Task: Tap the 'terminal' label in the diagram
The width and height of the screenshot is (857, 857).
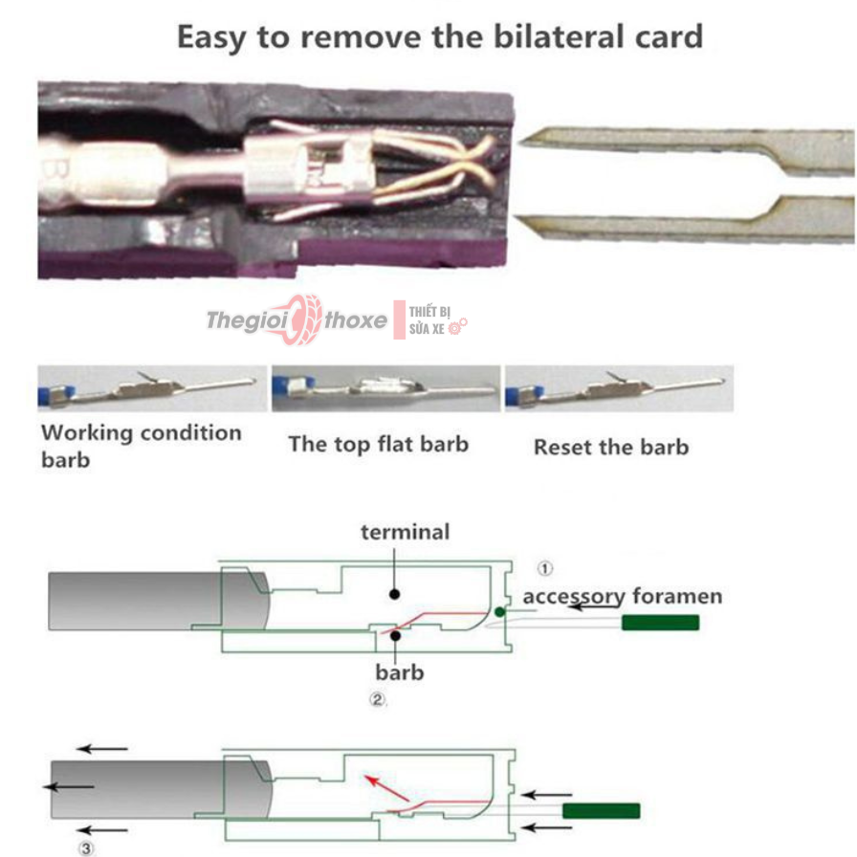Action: (x=405, y=532)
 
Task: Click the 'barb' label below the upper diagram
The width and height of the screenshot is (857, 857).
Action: (x=400, y=672)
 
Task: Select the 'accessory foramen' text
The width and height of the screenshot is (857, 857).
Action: (x=623, y=596)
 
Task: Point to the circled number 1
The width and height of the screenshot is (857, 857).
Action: (x=544, y=568)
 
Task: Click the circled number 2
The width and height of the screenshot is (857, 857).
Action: (x=377, y=699)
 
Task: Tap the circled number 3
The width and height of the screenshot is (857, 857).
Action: (x=86, y=848)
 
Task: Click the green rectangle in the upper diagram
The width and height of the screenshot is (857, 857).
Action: (x=660, y=623)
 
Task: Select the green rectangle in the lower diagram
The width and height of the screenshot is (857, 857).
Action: (x=602, y=810)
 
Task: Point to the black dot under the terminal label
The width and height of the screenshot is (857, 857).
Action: (x=394, y=594)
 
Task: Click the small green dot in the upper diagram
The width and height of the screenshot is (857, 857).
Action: (x=499, y=612)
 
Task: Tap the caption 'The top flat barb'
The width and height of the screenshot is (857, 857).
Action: (x=378, y=445)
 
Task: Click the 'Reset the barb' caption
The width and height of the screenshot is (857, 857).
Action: (x=611, y=447)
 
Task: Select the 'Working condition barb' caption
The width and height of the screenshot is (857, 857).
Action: (x=141, y=446)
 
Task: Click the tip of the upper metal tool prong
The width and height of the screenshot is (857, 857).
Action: (x=520, y=143)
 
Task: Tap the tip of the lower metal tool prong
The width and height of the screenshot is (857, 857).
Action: (x=516, y=217)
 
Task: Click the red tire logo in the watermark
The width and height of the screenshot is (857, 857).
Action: (x=302, y=319)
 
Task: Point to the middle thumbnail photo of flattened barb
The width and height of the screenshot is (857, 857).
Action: (x=385, y=388)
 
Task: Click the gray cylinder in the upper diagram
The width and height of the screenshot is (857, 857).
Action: (x=159, y=602)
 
